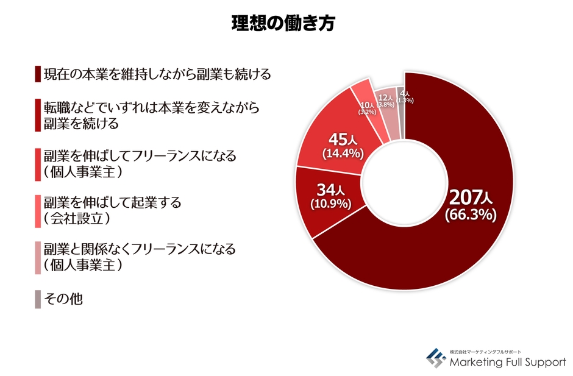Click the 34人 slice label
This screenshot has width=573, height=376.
coord(330,190)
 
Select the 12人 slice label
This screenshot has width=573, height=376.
coord(385,98)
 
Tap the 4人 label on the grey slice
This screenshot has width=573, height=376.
coord(404,93)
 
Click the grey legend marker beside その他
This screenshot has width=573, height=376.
coord(38,299)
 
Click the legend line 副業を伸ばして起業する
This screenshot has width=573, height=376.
coord(112,203)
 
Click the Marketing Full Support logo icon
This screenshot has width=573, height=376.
coord(435,358)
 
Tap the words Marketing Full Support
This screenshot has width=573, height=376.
coord(508,363)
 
